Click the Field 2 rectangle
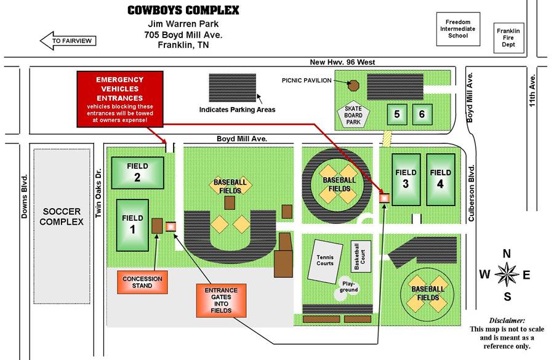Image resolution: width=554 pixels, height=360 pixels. [x=137, y=172]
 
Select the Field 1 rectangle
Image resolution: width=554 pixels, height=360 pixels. [x=132, y=225]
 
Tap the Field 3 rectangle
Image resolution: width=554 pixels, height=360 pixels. [x=406, y=179]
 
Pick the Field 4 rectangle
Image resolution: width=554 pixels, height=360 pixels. [x=441, y=179]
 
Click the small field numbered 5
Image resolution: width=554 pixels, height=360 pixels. [x=397, y=114]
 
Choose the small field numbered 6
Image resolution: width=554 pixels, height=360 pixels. [x=422, y=114]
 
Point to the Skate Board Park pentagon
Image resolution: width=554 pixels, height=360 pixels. [x=353, y=115]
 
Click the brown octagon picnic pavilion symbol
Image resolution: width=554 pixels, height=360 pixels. [x=353, y=86]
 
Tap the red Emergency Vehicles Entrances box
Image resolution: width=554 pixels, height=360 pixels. [x=120, y=99]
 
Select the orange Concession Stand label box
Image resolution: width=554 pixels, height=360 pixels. [x=142, y=282]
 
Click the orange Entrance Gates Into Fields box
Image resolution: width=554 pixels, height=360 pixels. [x=221, y=300]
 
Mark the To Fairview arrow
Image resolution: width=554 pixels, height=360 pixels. [x=68, y=41]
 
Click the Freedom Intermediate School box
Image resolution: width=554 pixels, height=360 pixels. [x=458, y=29]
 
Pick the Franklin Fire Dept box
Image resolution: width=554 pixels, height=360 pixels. [x=508, y=38]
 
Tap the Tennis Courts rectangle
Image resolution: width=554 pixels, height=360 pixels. [x=325, y=262]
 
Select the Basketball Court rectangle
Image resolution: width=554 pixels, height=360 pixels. [x=361, y=257]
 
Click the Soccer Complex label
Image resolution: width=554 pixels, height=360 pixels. [x=62, y=217]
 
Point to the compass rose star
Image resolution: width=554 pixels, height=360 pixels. [x=507, y=274]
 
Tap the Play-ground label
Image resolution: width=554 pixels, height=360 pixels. [x=349, y=287]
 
